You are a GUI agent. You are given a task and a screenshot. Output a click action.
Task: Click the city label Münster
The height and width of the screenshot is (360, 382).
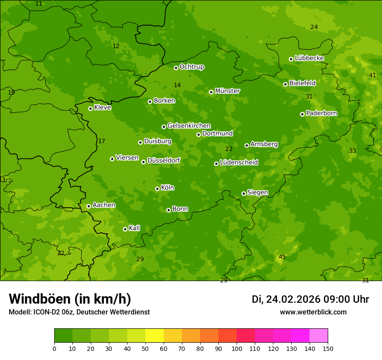pyautogui.click(x=227, y=91)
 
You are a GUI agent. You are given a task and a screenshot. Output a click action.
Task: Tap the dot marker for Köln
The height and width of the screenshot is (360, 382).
pyautogui.click(x=157, y=189)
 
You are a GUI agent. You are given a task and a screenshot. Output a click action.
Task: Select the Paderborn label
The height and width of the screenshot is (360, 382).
pyautogui.click(x=321, y=113)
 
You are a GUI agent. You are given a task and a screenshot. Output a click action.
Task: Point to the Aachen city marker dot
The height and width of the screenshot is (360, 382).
pyautogui.click(x=89, y=206)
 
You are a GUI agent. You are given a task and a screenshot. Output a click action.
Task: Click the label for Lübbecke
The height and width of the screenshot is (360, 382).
pyautogui.click(x=309, y=58)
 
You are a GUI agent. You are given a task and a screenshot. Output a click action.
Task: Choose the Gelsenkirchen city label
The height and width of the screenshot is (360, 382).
pyautogui.click(x=189, y=126)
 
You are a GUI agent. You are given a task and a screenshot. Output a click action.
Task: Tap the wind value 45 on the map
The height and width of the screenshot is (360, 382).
pyautogui.click(x=282, y=257)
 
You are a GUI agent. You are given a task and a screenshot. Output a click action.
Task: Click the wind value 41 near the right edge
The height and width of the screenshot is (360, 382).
pyautogui.click(x=372, y=75)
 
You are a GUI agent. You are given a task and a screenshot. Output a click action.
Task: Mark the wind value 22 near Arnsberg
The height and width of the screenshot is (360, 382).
pyautogui.click(x=229, y=149)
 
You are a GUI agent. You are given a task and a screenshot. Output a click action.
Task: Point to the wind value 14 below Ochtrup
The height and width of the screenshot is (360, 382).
pyautogui.click(x=177, y=85)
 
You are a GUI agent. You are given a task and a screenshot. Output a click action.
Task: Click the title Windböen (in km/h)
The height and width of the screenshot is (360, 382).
pyautogui.click(x=70, y=299)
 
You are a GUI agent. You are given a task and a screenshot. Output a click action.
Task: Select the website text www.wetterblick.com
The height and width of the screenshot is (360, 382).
pyautogui.click(x=313, y=312)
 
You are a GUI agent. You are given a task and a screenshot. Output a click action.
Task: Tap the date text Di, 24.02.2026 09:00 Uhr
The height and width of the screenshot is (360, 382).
pyautogui.click(x=310, y=299)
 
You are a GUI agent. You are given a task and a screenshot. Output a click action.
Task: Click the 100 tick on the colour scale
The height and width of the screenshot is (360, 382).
pyautogui.click(x=237, y=348)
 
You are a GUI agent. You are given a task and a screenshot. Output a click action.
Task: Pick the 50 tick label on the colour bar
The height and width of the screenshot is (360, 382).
pyautogui.click(x=145, y=348)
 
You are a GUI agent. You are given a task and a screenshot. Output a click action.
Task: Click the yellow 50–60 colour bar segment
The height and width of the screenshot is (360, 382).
pyautogui.click(x=155, y=336)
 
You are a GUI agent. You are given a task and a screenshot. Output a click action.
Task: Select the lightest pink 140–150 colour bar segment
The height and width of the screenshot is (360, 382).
pyautogui.click(x=319, y=336)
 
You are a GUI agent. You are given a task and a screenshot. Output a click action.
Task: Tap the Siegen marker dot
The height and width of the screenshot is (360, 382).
pyautogui.click(x=244, y=193)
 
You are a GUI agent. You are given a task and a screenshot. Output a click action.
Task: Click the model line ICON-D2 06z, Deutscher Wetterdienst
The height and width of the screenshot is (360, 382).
pyautogui.click(x=79, y=312)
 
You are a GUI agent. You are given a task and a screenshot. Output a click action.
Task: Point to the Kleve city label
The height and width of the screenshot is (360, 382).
pyautogui.click(x=102, y=108)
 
